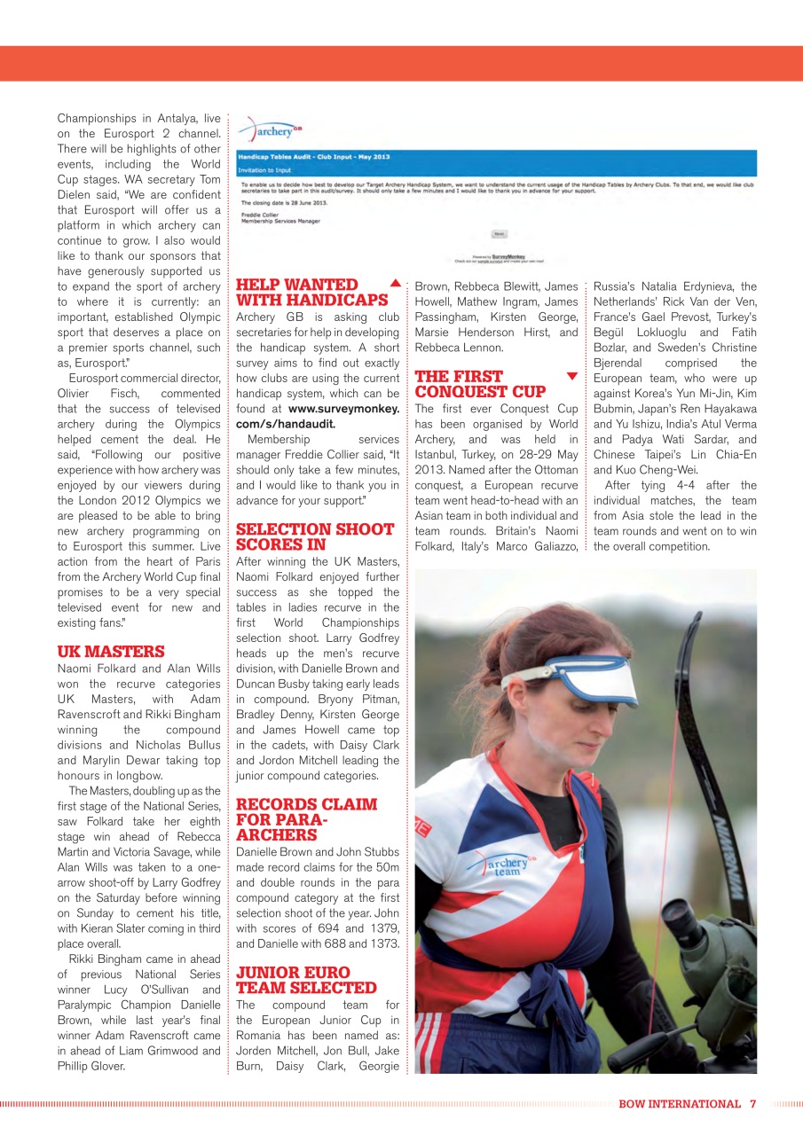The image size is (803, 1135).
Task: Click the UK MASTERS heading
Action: (x=111, y=652)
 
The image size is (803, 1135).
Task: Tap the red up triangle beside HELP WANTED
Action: (x=395, y=284)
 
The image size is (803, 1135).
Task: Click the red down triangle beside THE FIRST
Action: (x=572, y=376)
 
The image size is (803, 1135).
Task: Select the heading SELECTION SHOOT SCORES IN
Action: (x=315, y=536)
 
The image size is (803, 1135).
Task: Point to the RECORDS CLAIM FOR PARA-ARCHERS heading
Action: (x=306, y=819)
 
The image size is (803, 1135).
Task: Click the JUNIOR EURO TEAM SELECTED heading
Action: (x=306, y=980)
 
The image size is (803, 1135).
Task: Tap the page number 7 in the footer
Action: (x=752, y=1104)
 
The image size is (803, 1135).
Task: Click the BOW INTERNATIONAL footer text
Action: (x=679, y=1104)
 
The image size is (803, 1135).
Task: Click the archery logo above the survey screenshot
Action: (x=271, y=131)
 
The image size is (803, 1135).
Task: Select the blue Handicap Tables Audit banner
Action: (x=496, y=162)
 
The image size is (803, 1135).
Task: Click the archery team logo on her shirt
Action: (x=503, y=865)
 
